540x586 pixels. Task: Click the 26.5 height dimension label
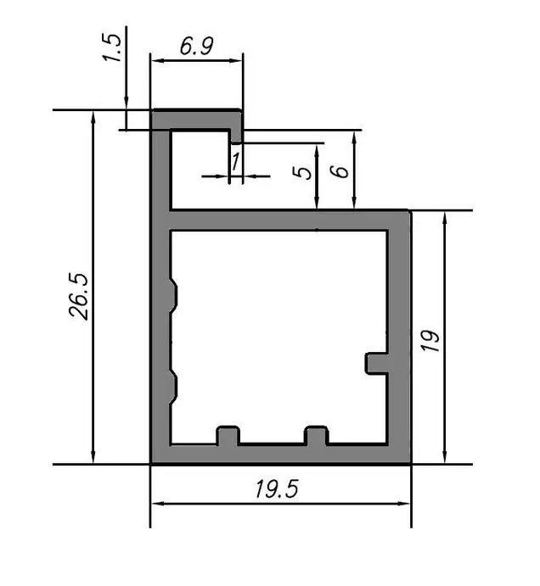coord(79,296)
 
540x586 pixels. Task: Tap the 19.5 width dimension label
coord(277,488)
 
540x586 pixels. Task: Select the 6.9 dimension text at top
coord(197,46)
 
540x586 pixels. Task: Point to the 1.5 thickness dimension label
coord(112,47)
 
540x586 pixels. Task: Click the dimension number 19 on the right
coord(430,340)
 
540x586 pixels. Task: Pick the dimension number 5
coord(302,172)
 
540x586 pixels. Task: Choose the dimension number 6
coord(340,171)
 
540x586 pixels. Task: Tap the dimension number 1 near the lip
coord(235,162)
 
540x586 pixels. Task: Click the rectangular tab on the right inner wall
coord(376,363)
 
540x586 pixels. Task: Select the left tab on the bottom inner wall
coord(228,435)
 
